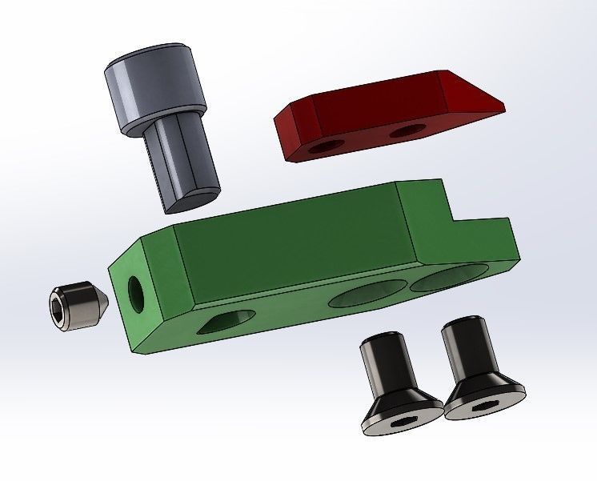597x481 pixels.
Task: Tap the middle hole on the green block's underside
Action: (364, 295)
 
